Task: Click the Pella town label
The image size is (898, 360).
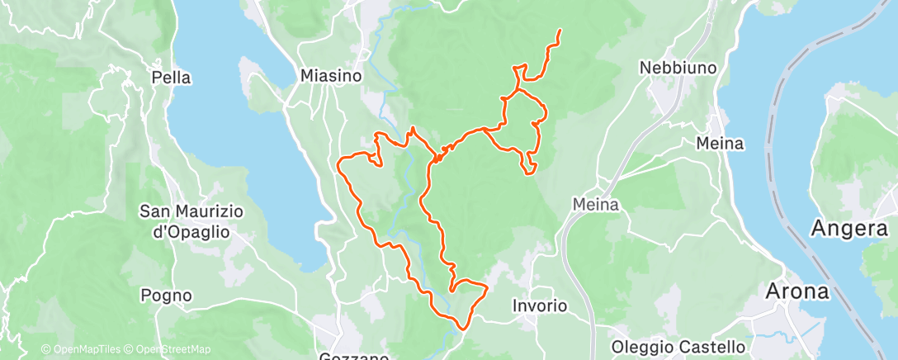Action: [x=172, y=78]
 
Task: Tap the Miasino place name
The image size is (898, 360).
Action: [x=331, y=75]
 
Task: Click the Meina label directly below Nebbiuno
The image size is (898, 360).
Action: [x=720, y=144]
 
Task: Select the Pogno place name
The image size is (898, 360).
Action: [x=166, y=295]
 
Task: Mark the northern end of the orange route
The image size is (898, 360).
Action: [x=560, y=31]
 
